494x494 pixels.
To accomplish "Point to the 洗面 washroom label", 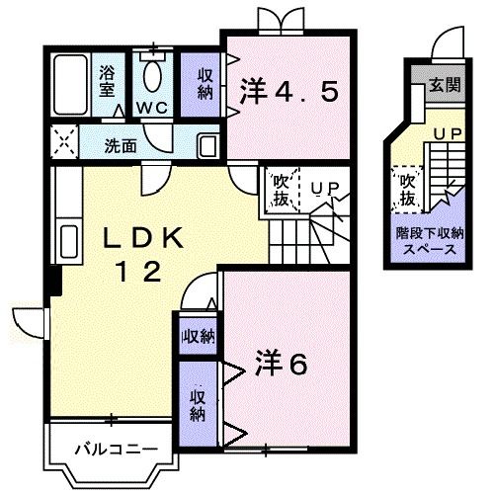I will pos(122,144).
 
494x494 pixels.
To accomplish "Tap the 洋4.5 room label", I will pos(289,92).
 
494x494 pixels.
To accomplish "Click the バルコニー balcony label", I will pos(115,450).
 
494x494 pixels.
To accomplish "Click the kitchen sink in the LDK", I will pos(68,240).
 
